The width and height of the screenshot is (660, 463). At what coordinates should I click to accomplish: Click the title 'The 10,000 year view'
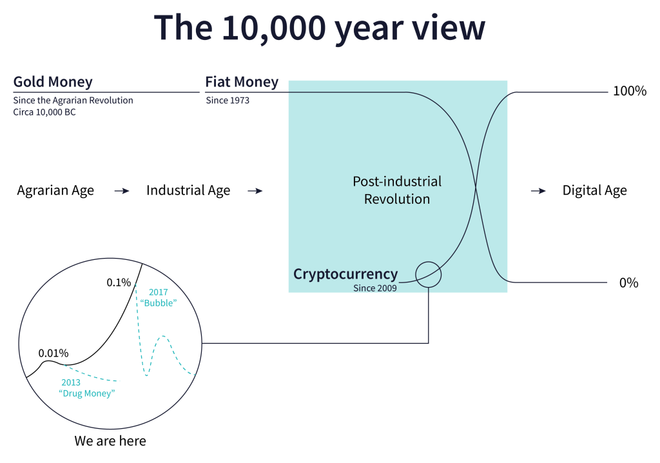click(x=320, y=28)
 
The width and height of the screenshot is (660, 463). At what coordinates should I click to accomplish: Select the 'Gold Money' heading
click(x=53, y=82)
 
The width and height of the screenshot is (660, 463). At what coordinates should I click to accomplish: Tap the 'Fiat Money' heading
click(x=242, y=82)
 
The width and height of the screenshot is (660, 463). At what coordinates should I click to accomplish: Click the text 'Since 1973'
click(x=228, y=100)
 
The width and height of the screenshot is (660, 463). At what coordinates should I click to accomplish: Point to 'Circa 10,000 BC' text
click(x=44, y=112)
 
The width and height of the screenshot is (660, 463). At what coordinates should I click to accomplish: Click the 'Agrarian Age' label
click(x=55, y=190)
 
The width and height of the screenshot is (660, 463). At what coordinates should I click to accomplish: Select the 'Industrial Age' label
click(x=188, y=190)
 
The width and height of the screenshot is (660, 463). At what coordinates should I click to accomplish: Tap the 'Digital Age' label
click(x=595, y=190)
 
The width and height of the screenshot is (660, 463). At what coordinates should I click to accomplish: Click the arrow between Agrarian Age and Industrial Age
click(x=122, y=192)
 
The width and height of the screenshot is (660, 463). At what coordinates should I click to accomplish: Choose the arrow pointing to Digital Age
click(x=538, y=192)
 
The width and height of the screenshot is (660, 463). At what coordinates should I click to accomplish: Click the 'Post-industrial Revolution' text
click(x=397, y=190)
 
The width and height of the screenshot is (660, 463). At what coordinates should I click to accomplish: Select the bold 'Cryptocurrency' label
click(x=345, y=274)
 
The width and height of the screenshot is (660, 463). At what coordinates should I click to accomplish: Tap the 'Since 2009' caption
click(x=375, y=288)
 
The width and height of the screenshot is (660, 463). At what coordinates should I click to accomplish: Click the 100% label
click(x=630, y=91)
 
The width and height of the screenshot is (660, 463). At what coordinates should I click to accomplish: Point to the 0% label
click(x=629, y=282)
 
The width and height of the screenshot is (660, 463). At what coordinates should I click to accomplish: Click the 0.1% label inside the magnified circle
click(x=119, y=282)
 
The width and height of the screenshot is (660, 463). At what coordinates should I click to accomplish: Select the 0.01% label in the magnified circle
click(x=53, y=353)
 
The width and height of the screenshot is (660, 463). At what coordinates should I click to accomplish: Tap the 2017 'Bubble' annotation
click(x=159, y=297)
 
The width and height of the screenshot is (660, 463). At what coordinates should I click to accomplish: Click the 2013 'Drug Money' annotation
click(x=87, y=388)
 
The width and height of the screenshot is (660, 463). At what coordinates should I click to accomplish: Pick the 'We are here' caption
click(x=110, y=440)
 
